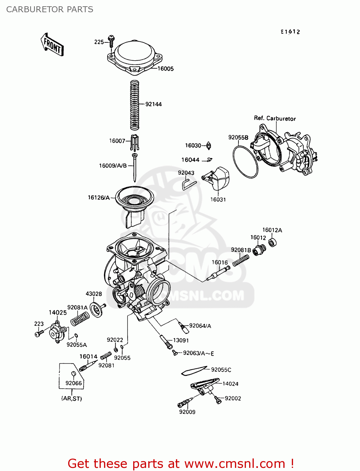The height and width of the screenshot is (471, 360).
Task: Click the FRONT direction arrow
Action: pos(52,45)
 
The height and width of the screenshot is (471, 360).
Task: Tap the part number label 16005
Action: pos(165,69)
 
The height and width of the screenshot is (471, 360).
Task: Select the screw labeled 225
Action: pos(111,41)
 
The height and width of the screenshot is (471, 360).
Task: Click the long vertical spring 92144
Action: pos(134,105)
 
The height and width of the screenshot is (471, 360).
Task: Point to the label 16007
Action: pos(117,141)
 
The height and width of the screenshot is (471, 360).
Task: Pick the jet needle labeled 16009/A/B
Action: pos(134,168)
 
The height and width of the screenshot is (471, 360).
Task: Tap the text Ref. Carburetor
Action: pos(275,118)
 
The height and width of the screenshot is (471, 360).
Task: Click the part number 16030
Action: pos(193,145)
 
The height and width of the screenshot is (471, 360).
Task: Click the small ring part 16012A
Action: pos(272,242)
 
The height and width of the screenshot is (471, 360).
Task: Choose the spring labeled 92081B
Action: pos(241,260)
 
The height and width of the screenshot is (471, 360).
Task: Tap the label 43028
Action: pos(94,294)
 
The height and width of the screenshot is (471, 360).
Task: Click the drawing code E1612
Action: pos(290,32)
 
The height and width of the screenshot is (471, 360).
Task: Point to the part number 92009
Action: pos(187,412)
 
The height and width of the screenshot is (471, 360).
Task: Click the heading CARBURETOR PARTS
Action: pos(50,9)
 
